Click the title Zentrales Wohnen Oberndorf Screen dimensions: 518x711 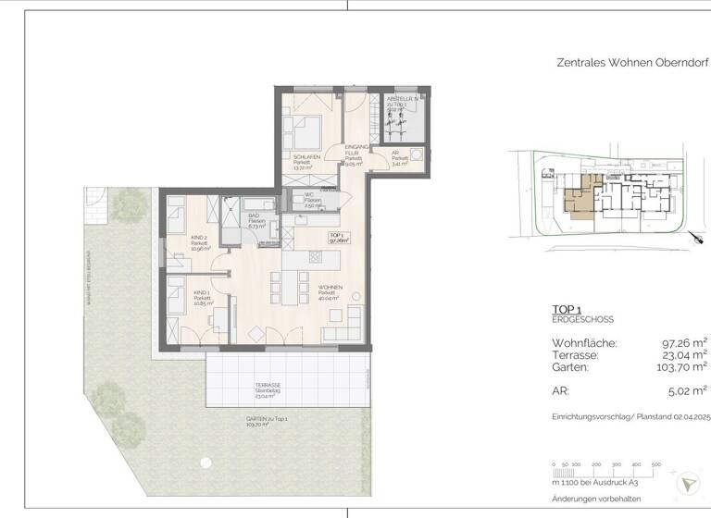[x=632, y=64]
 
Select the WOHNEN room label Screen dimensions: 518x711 [x=330, y=287]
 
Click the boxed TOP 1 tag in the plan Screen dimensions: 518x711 [x=338, y=237]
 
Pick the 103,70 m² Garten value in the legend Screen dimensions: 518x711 [x=680, y=367]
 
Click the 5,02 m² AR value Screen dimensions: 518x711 [x=686, y=390]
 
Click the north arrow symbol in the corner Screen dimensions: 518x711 [x=688, y=484]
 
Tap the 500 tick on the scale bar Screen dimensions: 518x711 [x=655, y=463]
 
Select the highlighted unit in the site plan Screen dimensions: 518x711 [x=579, y=197]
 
